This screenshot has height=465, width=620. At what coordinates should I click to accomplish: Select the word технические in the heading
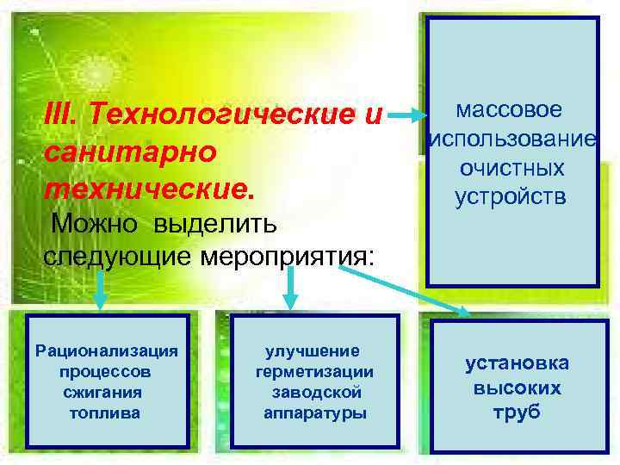pyautogui.click(x=146, y=187)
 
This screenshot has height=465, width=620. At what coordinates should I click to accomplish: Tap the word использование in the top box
pyautogui.click(x=512, y=139)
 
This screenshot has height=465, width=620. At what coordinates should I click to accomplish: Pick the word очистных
pyautogui.click(x=512, y=168)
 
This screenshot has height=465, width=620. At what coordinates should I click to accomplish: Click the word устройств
pyautogui.click(x=512, y=197)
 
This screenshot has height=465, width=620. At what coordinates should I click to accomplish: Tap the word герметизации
pyautogui.click(x=315, y=372)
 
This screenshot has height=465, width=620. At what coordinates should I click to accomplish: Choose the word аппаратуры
pyautogui.click(x=315, y=413)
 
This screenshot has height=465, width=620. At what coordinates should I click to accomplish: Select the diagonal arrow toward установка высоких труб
pyautogui.click(x=405, y=289)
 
